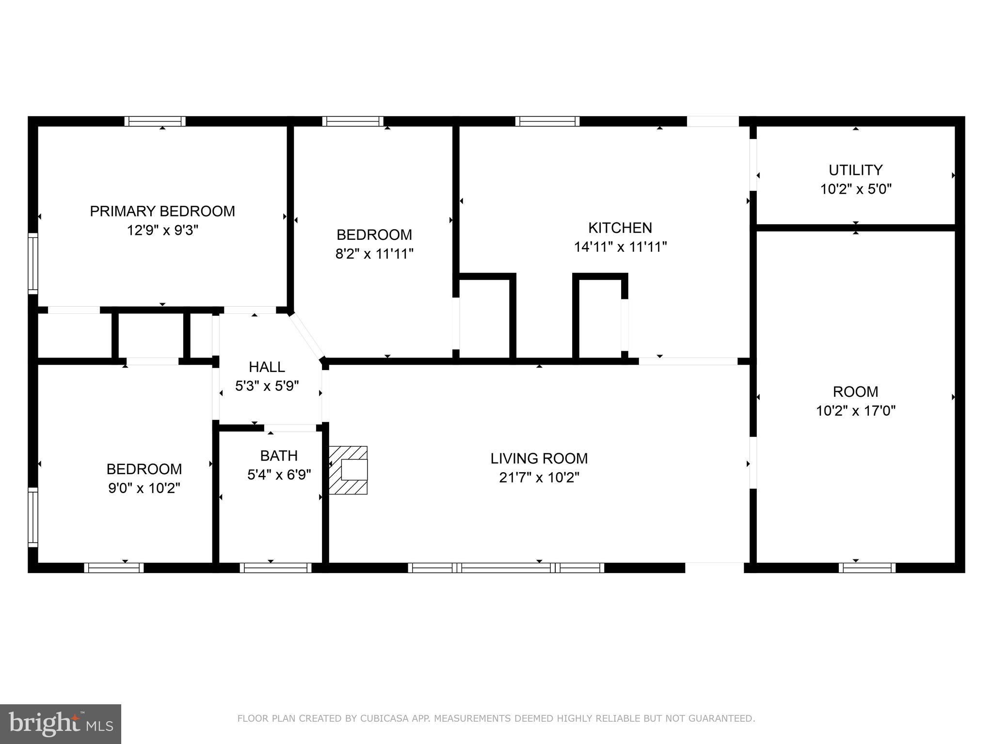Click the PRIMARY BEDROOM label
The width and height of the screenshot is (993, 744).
coord(162,211)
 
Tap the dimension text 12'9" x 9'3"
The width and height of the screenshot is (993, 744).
coord(162,230)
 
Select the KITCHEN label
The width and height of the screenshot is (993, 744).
coord(620,228)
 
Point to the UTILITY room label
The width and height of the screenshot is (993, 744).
coord(855,170)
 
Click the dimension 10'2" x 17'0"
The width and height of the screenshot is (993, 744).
coord(855,411)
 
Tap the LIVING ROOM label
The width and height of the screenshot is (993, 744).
coord(539,458)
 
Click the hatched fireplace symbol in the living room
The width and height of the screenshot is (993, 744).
coord(348,470)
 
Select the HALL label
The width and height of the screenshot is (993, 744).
coord(267,367)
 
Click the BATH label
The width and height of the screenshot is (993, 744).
coord(279,456)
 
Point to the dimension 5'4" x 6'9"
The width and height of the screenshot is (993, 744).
coord(279,475)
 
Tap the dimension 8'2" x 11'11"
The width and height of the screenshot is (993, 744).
coord(374,254)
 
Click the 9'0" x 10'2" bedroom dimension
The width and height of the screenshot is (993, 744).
coord(144,488)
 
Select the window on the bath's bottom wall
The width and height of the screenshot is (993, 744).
coord(275,568)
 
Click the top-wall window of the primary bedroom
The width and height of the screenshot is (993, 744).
coord(155,121)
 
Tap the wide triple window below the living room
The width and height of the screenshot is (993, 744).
coord(506,568)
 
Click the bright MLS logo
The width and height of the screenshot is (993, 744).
coord(60,724)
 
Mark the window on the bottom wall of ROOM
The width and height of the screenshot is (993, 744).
coord(867,568)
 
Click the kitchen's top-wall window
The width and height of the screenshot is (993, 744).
coord(547,121)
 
